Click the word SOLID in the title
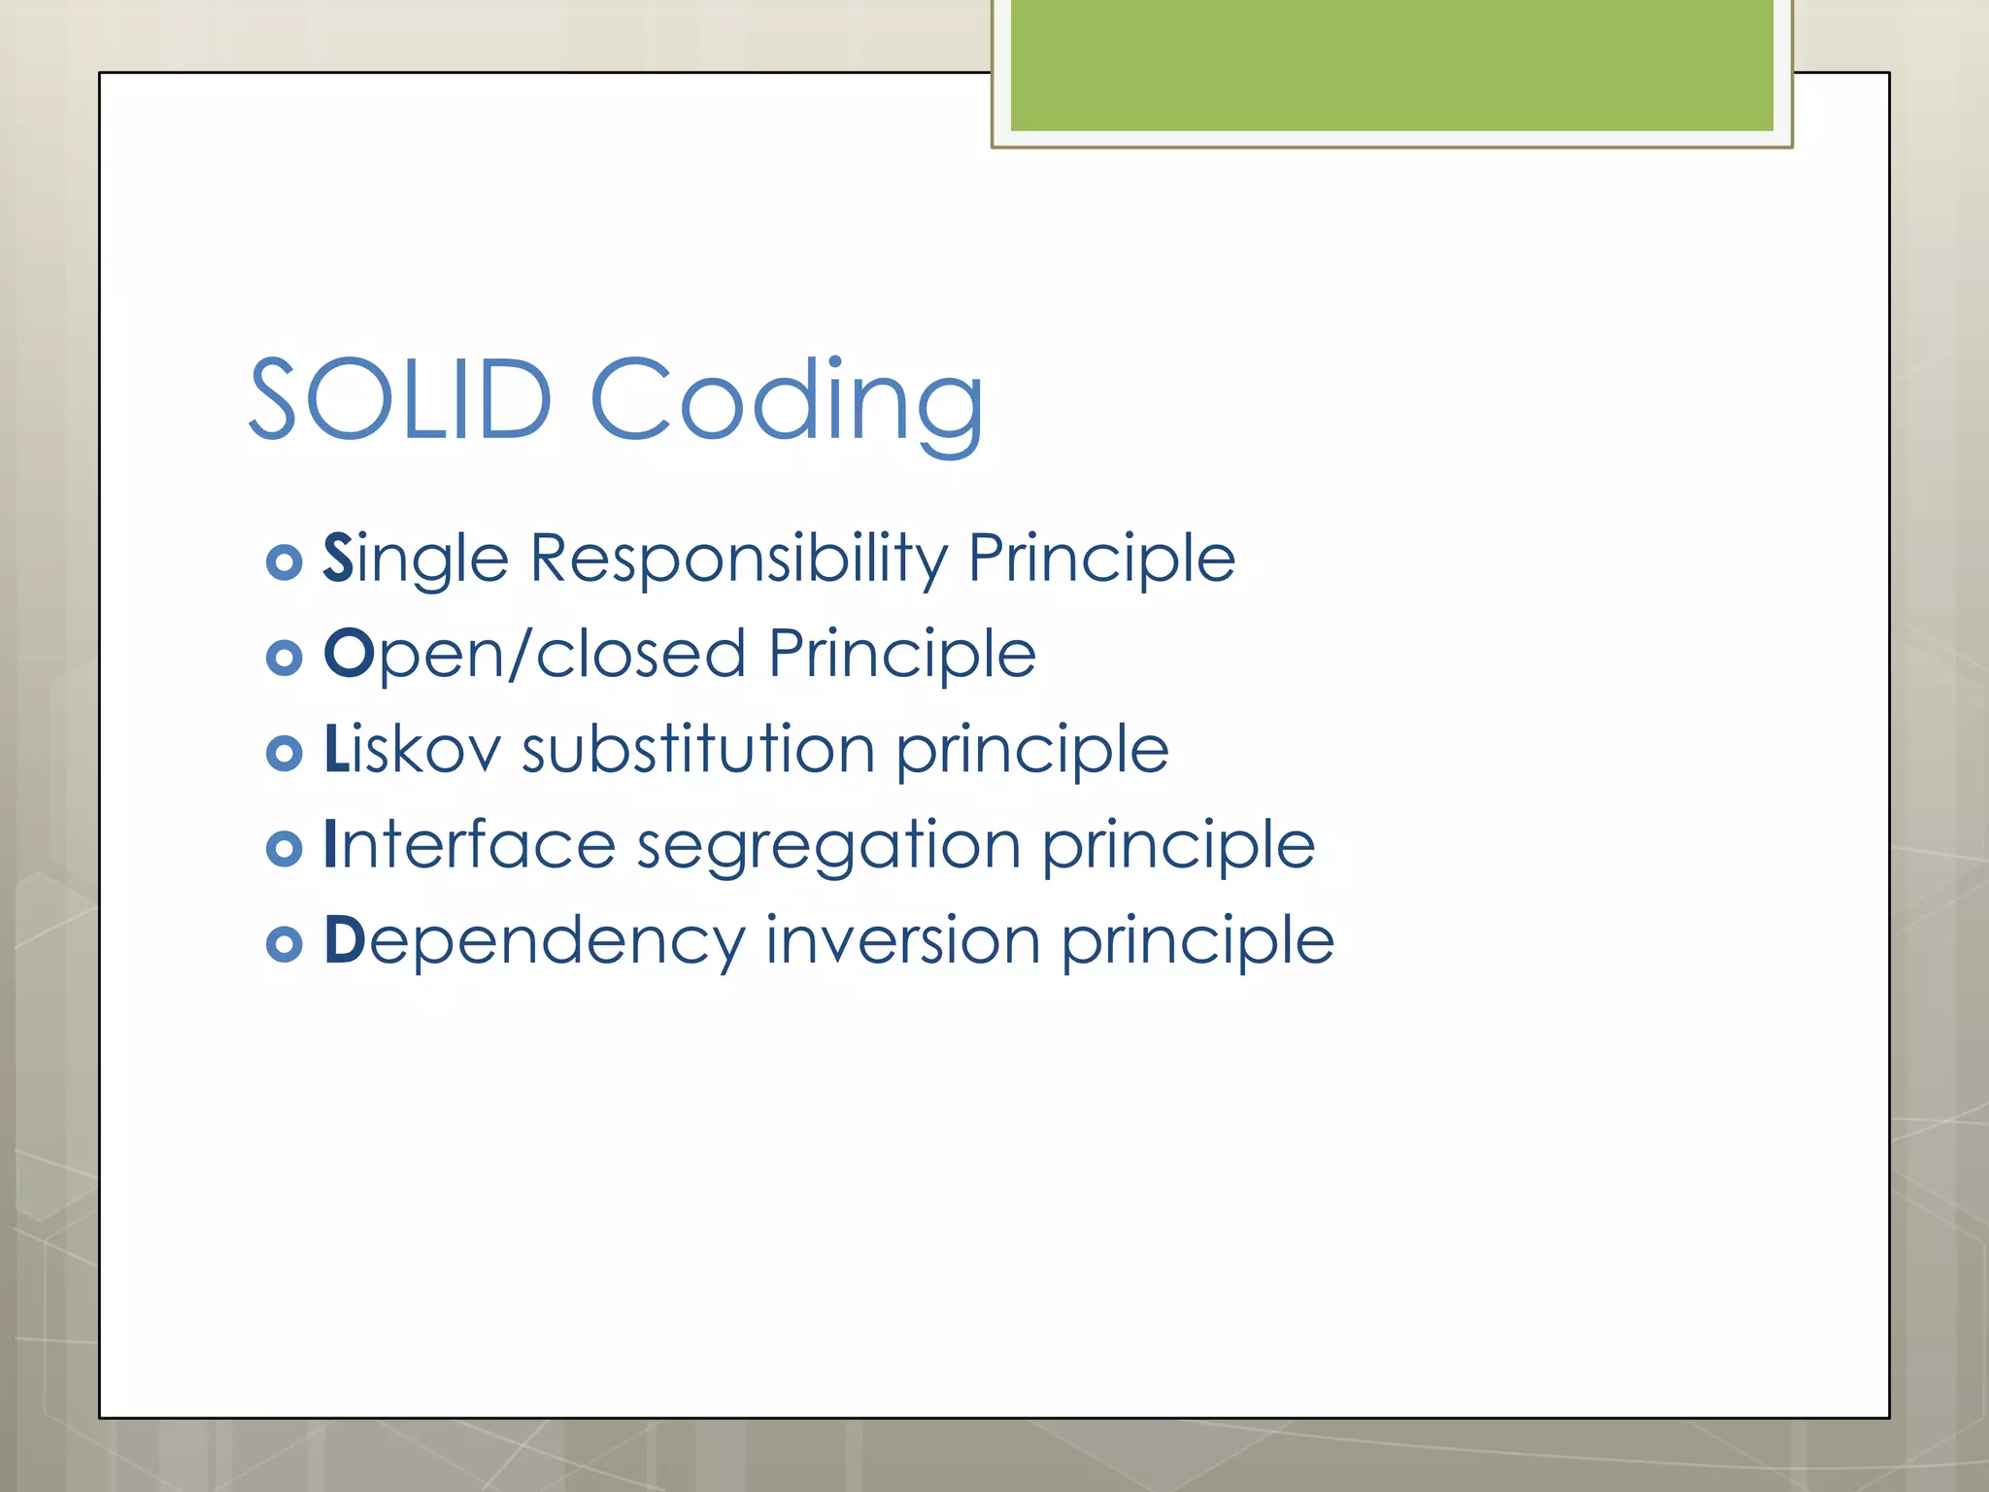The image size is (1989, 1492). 400,399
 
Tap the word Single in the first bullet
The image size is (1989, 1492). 416,559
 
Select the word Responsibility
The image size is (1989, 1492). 738,559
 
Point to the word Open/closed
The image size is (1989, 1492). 534,654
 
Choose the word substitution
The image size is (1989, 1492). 698,750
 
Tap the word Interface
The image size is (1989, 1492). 469,844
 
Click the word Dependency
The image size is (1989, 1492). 534,941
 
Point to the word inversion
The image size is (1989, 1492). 902,940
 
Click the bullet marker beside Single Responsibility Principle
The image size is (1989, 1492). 284,561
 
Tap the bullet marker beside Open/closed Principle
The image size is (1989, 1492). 284,658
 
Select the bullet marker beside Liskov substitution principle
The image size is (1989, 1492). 284,753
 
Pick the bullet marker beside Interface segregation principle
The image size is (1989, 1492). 284,848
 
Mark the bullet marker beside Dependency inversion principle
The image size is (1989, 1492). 284,943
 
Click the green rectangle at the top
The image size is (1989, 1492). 1392,65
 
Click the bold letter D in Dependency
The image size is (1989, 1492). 344,939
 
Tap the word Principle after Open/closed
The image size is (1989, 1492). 902,655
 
